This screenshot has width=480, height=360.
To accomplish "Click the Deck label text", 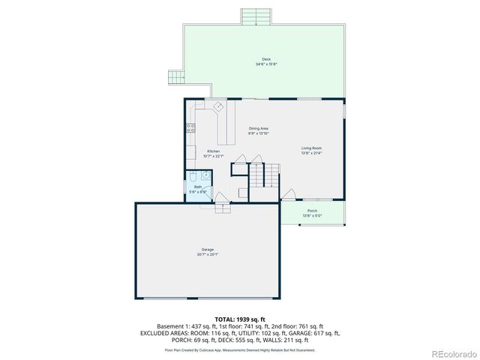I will (266, 59).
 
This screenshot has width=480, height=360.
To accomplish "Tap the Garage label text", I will (208, 249).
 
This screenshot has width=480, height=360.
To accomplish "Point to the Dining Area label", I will (259, 128).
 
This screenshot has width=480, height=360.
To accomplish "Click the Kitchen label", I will (214, 151).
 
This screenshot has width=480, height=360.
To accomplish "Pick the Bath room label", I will (198, 187).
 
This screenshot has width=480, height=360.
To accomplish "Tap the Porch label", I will (312, 211).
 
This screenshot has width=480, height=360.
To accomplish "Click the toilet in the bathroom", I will (192, 177).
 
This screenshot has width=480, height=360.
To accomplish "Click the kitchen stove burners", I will (190, 127).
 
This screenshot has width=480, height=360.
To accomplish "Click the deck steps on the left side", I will (176, 76).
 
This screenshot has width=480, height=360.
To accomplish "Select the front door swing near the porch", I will (288, 196).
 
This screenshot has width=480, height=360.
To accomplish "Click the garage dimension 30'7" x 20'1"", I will (208, 254).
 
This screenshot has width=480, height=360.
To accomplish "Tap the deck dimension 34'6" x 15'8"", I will (266, 64).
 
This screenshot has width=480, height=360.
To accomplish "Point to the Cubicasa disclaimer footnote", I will (239, 349).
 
